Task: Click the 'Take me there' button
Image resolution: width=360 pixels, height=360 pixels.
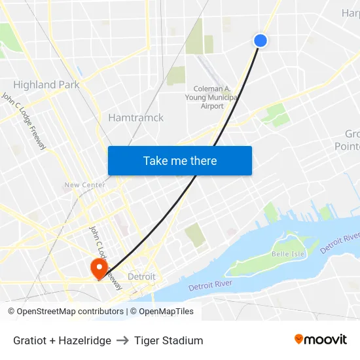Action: [x=180, y=160]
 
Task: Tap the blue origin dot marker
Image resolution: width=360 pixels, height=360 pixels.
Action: [x=260, y=41]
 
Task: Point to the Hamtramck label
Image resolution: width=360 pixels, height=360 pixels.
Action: [x=135, y=118]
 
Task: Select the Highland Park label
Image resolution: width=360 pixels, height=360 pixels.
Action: [x=46, y=84]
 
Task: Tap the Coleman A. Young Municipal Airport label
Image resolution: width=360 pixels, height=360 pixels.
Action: [x=212, y=98]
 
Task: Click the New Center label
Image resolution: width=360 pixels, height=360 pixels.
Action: [x=84, y=185]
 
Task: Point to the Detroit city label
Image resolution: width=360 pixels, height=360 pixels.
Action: [x=141, y=277]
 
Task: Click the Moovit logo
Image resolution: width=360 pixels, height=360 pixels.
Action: [x=320, y=340]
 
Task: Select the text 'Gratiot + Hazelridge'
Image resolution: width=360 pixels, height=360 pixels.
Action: [x=62, y=340]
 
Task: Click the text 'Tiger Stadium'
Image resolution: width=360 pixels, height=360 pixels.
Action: [x=169, y=340]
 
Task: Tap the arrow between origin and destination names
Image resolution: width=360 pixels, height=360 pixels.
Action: [x=122, y=340]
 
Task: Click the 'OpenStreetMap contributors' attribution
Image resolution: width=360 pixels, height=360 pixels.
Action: [x=70, y=312]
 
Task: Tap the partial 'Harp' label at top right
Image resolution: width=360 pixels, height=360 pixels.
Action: [x=350, y=13]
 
